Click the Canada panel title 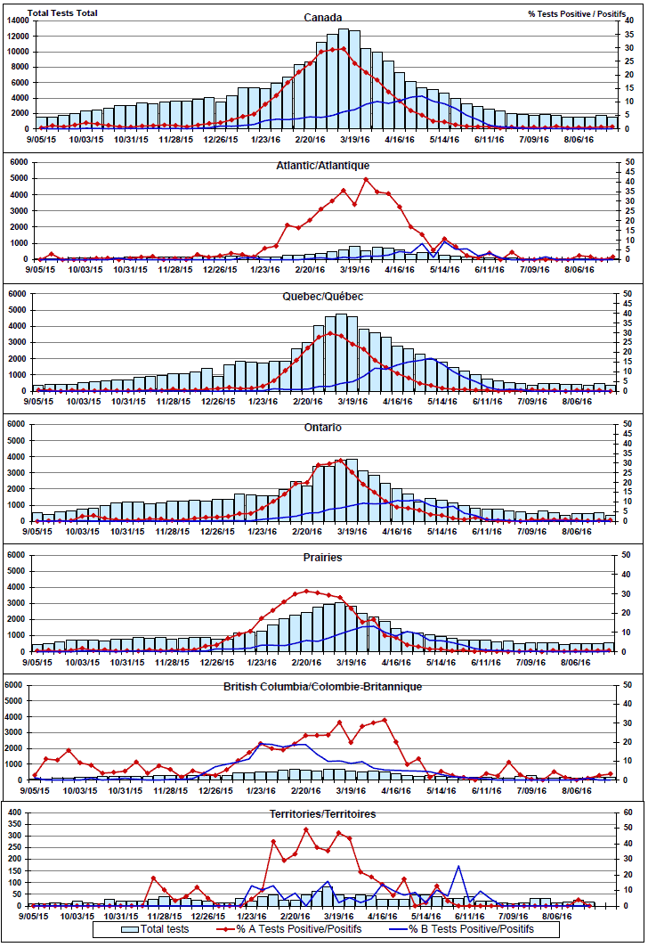tap(322, 17)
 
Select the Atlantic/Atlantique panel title tap(322, 165)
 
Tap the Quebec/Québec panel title tap(322, 296)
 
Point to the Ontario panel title tap(322, 427)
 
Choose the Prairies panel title tap(322, 558)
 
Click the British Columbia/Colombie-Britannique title tap(322, 687)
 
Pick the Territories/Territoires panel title tap(322, 814)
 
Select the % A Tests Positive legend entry tap(289, 928)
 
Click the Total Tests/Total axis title tap(62, 13)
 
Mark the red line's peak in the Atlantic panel tap(365, 179)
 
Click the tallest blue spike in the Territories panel tap(458, 866)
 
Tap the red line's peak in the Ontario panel tap(341, 460)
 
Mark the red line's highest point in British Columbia tap(385, 719)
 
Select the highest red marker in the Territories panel tap(306, 829)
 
